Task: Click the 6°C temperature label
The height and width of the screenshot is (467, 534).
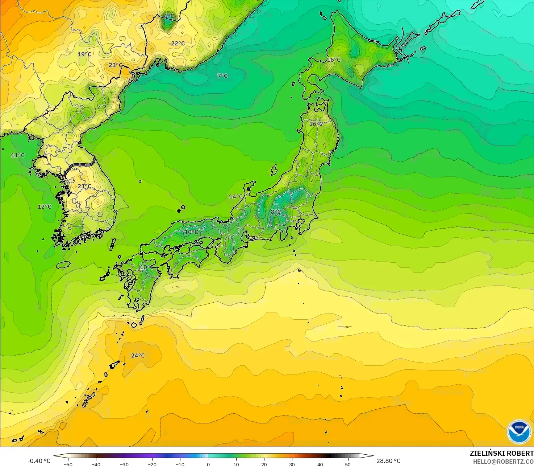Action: click(x=169, y=16)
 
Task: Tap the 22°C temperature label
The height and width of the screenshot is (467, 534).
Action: click(x=178, y=44)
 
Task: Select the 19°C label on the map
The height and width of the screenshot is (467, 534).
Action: click(x=84, y=54)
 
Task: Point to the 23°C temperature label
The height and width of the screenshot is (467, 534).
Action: click(x=116, y=65)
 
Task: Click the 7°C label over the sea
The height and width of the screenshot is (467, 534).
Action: click(x=222, y=76)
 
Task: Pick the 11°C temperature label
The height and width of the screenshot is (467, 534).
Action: click(x=18, y=155)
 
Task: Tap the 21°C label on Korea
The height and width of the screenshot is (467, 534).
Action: click(x=84, y=187)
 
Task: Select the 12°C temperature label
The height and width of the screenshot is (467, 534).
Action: click(x=45, y=207)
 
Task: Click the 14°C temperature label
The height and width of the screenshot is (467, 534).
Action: click(x=235, y=197)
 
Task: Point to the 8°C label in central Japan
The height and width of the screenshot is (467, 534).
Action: click(x=276, y=212)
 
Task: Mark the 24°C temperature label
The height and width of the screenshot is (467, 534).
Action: click(x=138, y=356)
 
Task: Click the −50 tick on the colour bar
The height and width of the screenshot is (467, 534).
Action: click(x=68, y=464)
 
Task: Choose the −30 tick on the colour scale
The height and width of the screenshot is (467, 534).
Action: click(x=124, y=464)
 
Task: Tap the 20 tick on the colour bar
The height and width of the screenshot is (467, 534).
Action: click(x=264, y=464)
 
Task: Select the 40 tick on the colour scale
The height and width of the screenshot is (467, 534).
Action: click(x=320, y=464)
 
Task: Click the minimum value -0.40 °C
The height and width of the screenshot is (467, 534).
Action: click(x=39, y=461)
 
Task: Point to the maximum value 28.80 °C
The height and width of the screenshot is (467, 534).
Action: click(x=388, y=461)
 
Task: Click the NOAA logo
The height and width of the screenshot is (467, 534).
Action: click(x=519, y=432)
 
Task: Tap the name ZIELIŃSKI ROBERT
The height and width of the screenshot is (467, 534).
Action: click(x=501, y=453)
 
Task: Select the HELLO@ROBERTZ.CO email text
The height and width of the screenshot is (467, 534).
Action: click(x=503, y=461)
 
